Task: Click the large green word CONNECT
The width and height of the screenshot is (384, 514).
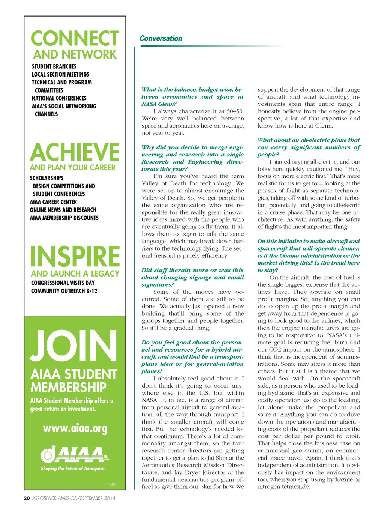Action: (x=75, y=39)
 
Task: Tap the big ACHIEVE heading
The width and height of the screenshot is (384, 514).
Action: (x=75, y=152)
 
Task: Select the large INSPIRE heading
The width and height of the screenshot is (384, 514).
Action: (x=75, y=257)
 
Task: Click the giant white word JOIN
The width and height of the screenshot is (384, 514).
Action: (x=73, y=346)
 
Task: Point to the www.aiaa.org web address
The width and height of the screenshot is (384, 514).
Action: (x=75, y=428)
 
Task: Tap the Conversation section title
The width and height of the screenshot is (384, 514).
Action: (x=160, y=38)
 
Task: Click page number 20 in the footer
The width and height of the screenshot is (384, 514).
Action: (x=27, y=498)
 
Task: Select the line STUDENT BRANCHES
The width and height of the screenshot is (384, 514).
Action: (x=54, y=66)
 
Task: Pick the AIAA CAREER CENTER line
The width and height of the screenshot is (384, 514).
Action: (x=53, y=202)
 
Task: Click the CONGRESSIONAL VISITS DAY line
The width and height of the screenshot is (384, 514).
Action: (x=63, y=283)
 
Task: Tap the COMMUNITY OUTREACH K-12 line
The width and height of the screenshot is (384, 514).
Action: (x=64, y=291)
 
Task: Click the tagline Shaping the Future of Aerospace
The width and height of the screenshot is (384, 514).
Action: (x=73, y=469)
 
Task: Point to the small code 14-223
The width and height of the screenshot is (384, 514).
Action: (x=111, y=485)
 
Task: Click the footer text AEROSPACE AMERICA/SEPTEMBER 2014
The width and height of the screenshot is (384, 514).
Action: (x=74, y=498)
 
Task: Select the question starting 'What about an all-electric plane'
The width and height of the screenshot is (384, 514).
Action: (x=309, y=147)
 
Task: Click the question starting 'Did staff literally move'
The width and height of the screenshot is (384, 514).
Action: (x=192, y=277)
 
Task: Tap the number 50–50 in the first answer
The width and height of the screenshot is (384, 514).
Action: (x=235, y=111)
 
